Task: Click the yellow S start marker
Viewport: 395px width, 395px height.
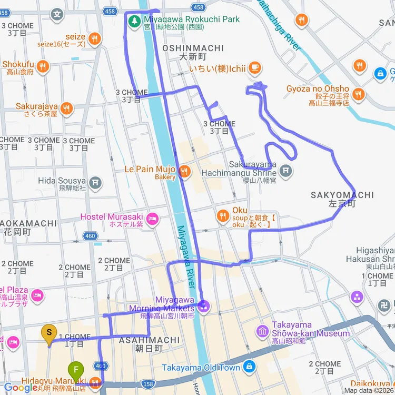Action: tap(50, 333)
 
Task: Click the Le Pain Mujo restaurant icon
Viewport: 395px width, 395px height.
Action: tap(184, 171)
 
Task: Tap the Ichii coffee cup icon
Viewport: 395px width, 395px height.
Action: tap(254, 67)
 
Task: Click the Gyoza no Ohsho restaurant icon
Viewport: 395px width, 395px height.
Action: tap(358, 94)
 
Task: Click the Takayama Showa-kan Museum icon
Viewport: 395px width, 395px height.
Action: tap(262, 331)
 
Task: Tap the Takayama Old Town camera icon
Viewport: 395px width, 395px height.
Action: tap(249, 367)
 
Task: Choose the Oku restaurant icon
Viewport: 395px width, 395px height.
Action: tap(223, 215)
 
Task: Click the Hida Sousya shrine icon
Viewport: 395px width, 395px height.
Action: tap(95, 182)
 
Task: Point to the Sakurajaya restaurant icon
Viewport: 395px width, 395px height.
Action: tap(66, 108)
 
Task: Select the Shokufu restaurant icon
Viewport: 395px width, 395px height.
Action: tap(43, 66)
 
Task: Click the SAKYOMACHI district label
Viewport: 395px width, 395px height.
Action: tap(342, 195)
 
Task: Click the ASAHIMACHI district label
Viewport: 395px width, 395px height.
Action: tap(142, 341)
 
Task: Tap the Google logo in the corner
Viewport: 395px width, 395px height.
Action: tap(20, 388)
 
